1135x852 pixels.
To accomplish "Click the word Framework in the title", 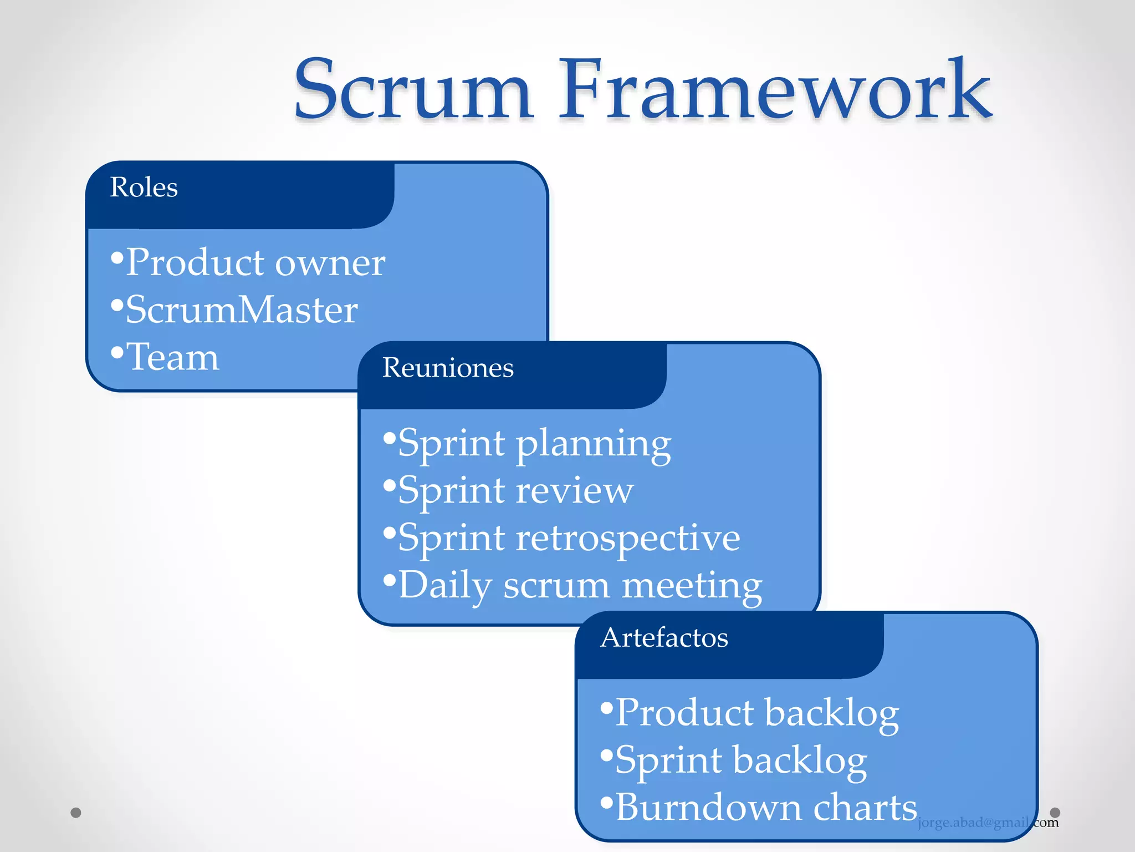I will [775, 90].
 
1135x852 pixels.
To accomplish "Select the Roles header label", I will [144, 187].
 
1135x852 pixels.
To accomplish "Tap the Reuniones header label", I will [448, 368].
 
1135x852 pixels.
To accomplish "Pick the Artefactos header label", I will [664, 638].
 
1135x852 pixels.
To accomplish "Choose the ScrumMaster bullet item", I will [241, 310].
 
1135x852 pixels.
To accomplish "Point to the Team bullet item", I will [172, 357].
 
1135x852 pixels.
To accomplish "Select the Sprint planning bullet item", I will [534, 444].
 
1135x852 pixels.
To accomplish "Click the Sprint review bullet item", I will [515, 491].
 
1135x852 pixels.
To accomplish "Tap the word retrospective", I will [627, 538].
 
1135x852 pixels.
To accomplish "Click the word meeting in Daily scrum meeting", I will [692, 586].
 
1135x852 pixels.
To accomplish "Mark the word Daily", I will [445, 586].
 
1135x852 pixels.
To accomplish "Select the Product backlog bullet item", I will [756, 713].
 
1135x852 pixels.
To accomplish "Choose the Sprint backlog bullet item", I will [741, 760].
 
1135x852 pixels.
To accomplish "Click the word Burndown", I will [707, 808].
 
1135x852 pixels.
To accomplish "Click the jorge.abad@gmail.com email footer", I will [988, 823].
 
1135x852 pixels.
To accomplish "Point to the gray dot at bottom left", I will [76, 813].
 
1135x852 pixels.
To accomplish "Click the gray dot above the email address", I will [1055, 813].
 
